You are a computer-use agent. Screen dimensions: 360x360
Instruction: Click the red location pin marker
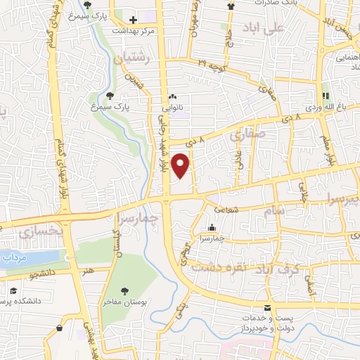(x=181, y=166)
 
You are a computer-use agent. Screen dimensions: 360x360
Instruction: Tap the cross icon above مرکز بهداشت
(x=133, y=18)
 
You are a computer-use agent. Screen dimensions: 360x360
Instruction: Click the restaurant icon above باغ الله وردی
(x=326, y=96)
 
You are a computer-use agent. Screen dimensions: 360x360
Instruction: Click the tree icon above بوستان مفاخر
(x=125, y=290)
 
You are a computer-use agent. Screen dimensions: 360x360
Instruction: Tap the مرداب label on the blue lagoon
(x=14, y=259)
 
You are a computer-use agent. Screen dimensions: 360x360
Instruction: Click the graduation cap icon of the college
(x=13, y=290)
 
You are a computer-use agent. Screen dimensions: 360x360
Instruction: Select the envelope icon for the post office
(x=266, y=309)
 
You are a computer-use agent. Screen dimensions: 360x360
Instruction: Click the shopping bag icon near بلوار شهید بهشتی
(x=59, y=328)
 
